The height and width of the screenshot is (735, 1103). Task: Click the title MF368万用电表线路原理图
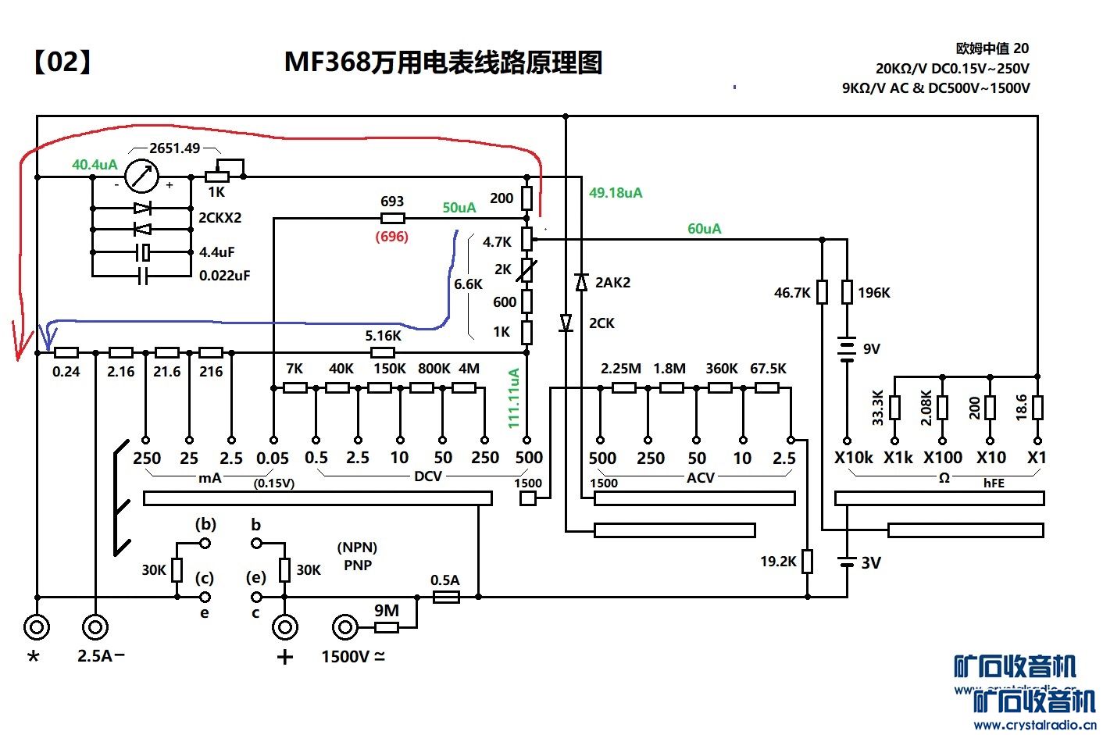(443, 62)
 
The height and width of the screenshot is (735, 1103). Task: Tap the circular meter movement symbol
(142, 177)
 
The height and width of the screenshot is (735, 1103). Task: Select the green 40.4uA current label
(95, 165)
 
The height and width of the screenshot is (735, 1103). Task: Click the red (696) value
(392, 236)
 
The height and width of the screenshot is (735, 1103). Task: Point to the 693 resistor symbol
(392, 219)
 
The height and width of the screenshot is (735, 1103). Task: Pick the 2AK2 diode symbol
(581, 282)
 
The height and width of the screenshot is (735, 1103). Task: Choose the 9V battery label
(872, 348)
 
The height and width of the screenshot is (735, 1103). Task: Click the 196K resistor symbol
(847, 292)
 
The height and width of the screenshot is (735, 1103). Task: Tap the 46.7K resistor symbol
(822, 292)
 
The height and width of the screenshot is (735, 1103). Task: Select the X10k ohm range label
(853, 458)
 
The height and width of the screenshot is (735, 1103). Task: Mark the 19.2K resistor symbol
(808, 561)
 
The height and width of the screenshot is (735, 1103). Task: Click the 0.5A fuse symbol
(446, 597)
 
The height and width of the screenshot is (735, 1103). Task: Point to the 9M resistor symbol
(387, 626)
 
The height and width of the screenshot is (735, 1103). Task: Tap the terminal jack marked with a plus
(284, 626)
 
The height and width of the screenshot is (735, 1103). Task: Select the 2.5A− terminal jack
(95, 626)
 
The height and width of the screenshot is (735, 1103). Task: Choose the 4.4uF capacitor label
(216, 252)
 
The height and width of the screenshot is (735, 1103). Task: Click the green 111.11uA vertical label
(514, 398)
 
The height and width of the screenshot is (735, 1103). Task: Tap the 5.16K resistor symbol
(383, 352)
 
